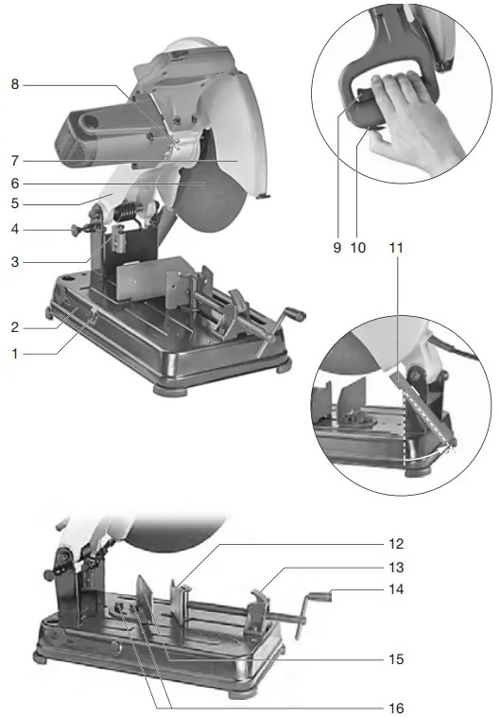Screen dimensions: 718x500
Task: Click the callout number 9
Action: [x=336, y=248]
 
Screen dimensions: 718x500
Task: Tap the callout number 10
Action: [x=357, y=248]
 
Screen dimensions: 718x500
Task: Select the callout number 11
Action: [x=396, y=248]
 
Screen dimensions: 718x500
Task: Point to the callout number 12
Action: [x=396, y=544]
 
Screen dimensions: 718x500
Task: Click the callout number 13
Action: [x=396, y=568]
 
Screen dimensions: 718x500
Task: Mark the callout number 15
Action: [x=396, y=657]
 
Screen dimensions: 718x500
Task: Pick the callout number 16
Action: [x=396, y=707]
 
